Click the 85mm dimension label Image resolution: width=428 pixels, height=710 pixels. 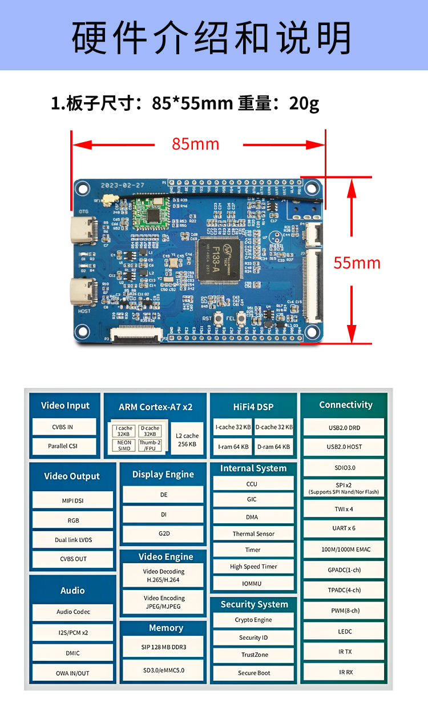tap(196, 144)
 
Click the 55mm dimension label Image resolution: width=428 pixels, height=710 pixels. tap(357, 263)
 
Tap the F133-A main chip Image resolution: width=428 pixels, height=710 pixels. tap(220, 260)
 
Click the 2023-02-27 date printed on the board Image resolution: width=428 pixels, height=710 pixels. tap(123, 186)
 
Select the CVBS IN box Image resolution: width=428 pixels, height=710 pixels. tap(63, 427)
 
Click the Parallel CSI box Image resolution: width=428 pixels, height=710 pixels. tap(63, 446)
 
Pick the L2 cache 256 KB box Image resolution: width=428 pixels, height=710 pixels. tap(187, 440)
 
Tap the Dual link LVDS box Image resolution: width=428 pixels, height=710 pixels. tap(73, 540)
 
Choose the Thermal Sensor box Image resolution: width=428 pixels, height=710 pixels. tap(253, 533)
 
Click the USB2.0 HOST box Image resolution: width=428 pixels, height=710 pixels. tap(345, 447)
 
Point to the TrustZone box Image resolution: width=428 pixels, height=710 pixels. tap(254, 655)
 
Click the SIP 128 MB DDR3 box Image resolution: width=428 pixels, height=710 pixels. tap(164, 647)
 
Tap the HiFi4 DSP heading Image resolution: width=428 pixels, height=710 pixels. tap(253, 407)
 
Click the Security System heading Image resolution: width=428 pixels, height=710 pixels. tap(254, 604)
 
